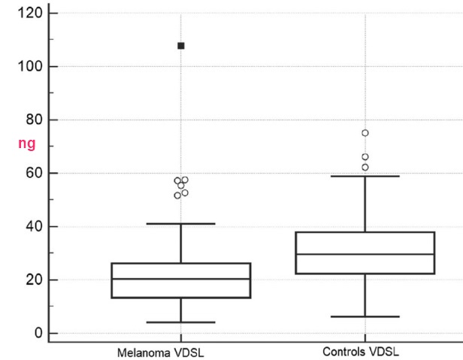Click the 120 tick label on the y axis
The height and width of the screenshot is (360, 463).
click(29, 13)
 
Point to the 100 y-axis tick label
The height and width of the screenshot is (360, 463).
click(29, 66)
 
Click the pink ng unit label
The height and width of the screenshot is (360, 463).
click(27, 144)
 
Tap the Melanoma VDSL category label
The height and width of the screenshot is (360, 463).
click(160, 352)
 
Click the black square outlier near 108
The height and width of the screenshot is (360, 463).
click(181, 46)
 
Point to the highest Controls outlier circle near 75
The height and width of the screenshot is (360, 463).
click(365, 133)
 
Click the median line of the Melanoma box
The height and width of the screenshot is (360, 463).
click(181, 279)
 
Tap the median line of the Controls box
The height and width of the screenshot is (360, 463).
click(365, 254)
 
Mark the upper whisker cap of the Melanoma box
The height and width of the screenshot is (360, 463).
click(181, 223)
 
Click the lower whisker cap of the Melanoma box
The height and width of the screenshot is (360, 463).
click(181, 322)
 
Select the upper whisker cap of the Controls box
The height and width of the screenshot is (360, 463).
click(365, 176)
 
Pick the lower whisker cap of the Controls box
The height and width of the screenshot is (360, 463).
click(365, 316)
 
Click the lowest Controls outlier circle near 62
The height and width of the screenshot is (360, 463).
click(365, 167)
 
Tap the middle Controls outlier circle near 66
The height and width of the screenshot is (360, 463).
click(365, 157)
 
